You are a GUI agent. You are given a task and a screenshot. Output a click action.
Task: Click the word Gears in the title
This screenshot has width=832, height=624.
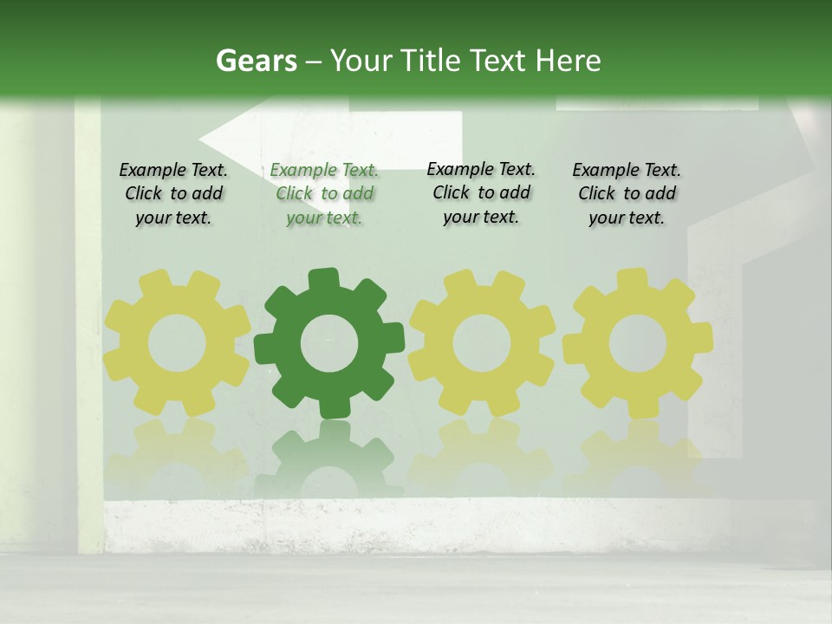(x=256, y=61)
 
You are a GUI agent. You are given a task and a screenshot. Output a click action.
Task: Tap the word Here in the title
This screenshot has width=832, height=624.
(x=569, y=61)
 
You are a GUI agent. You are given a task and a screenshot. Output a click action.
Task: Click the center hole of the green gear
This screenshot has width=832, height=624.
(x=328, y=344)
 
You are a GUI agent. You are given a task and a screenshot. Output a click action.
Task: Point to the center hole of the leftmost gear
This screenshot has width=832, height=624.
(x=177, y=344)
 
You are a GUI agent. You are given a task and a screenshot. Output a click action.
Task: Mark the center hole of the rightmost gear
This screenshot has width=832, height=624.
(x=638, y=344)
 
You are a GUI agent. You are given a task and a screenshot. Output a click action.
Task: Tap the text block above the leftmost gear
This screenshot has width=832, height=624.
(x=173, y=194)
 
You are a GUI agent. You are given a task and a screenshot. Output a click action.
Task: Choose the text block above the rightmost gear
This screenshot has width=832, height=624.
(x=627, y=194)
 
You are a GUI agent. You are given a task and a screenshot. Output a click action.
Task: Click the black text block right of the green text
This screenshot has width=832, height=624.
(x=481, y=193)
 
